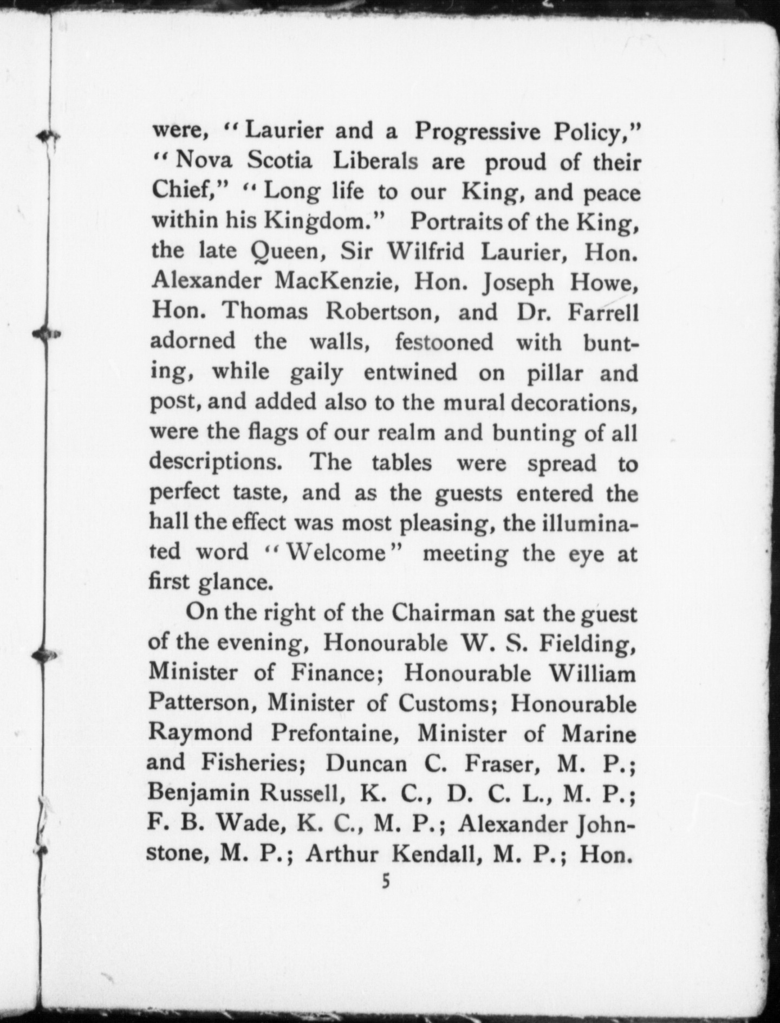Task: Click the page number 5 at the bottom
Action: [x=385, y=882]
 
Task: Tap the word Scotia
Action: [x=280, y=161]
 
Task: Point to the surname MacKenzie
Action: [x=339, y=282]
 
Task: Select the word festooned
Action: [x=444, y=342]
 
